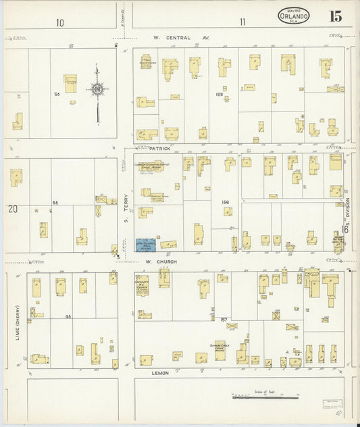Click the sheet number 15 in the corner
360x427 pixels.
coord(335,16)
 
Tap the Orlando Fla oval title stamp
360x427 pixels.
coord(294,16)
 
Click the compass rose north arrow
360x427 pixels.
coord(97,88)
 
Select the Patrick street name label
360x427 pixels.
coord(160,147)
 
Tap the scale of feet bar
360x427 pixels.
coord(259,397)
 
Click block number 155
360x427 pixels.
coord(218,95)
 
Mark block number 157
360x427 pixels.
coord(223,318)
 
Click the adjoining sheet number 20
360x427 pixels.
coord(13,209)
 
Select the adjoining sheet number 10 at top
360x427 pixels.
coord(60,22)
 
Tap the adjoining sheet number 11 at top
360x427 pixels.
coord(242,22)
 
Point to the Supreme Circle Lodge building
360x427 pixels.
coord(220,349)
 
